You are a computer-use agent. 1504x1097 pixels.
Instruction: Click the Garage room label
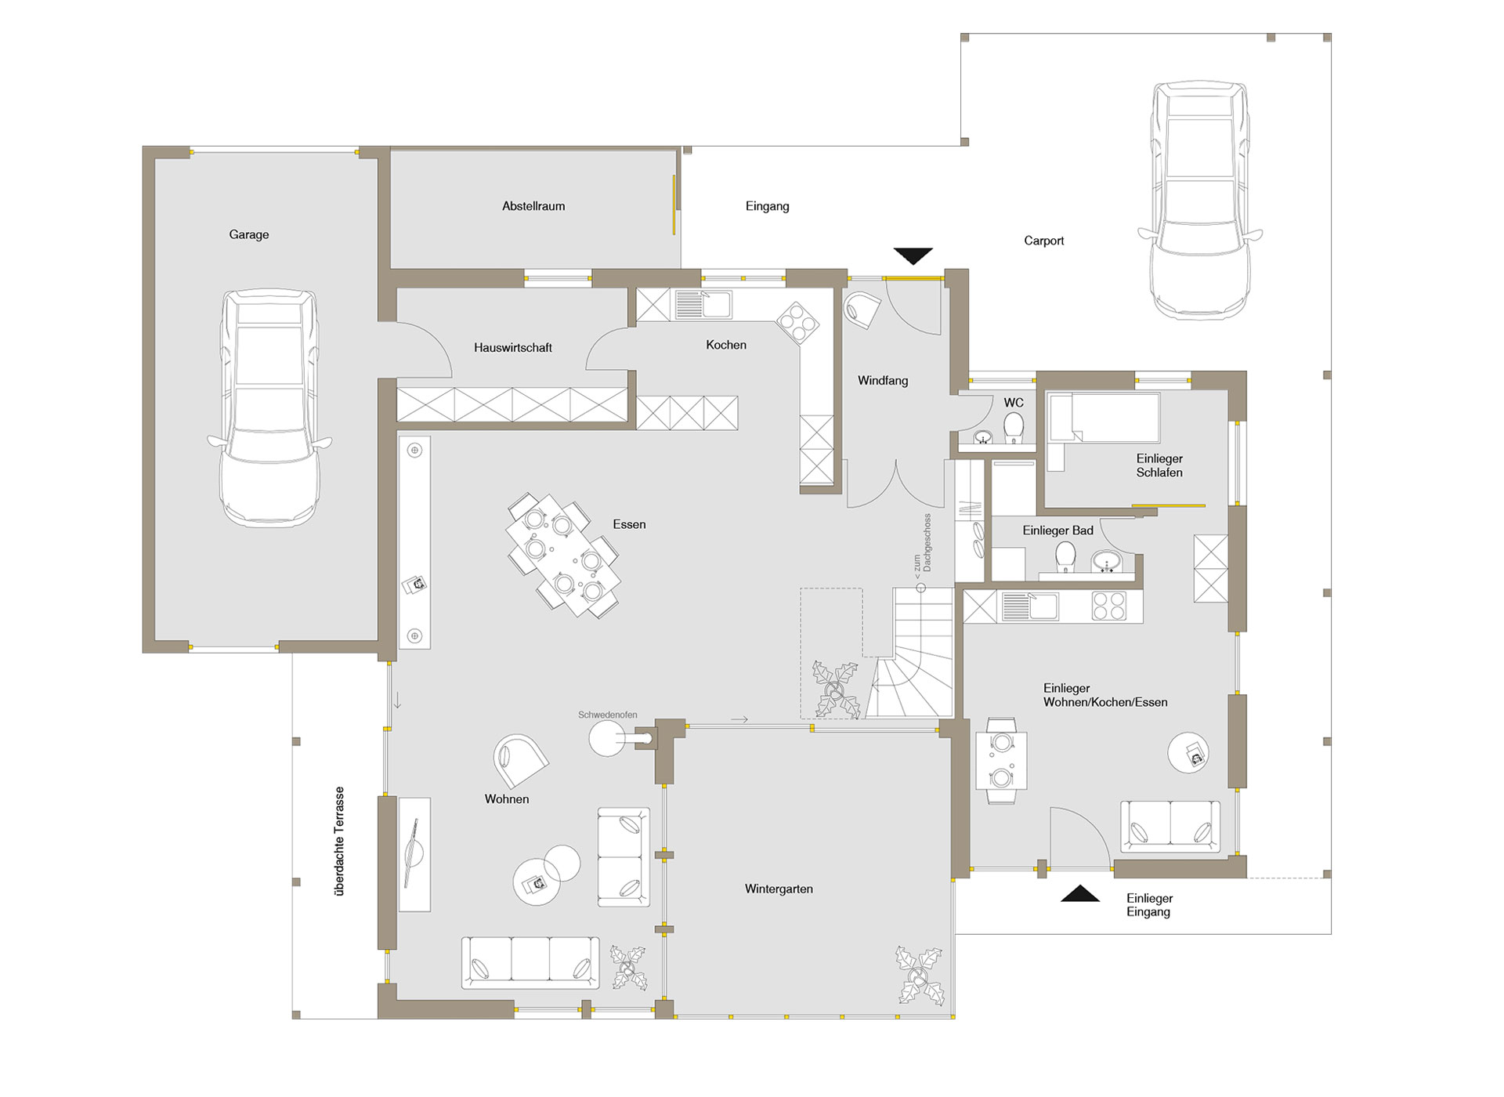[x=249, y=234]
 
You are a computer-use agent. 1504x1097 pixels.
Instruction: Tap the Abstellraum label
[x=533, y=206]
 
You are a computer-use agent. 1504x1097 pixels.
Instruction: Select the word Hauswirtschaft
[x=513, y=347]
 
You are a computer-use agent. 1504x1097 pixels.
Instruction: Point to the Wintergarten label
[x=779, y=889]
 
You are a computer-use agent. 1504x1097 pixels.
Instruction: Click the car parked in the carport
[x=1199, y=200]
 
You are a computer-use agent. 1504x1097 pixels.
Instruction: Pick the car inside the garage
[x=269, y=407]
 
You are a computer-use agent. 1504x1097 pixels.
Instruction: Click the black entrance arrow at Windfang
[x=913, y=256]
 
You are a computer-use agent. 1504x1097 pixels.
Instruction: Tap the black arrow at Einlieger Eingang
[x=1080, y=893]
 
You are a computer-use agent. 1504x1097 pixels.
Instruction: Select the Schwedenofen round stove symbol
[x=608, y=738]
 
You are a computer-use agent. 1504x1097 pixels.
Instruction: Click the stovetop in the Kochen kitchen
[x=797, y=323]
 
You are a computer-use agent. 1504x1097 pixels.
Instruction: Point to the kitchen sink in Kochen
[x=703, y=305]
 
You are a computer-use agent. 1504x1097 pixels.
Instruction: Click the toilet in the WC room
[x=1014, y=428]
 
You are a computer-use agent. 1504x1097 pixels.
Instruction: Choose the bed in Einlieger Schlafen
[x=1103, y=418]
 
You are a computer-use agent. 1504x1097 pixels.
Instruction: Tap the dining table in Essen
[x=563, y=555]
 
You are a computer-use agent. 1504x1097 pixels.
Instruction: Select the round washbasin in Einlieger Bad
[x=1107, y=562]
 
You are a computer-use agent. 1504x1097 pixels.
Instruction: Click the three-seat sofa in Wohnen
[x=530, y=962]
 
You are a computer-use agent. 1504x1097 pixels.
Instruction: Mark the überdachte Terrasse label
[x=339, y=841]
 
